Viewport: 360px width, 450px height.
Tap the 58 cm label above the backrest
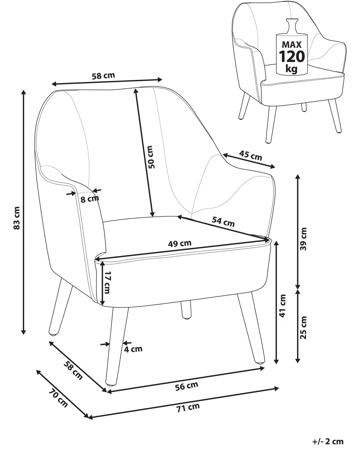click(103, 76)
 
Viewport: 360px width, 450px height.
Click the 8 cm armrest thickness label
click(89, 199)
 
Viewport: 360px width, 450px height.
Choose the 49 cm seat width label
click(180, 243)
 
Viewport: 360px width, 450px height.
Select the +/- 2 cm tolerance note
click(328, 441)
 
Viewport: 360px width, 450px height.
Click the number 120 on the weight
click(292, 57)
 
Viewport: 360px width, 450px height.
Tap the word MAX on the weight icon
click(292, 45)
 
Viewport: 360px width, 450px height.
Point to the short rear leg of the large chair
click(186, 310)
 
